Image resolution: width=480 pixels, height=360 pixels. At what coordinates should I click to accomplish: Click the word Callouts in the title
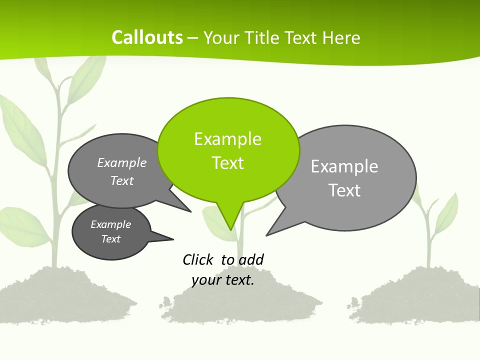click(147, 37)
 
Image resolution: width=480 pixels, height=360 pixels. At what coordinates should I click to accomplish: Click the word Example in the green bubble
click(227, 139)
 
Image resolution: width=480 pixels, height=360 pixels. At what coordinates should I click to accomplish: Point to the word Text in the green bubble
click(227, 163)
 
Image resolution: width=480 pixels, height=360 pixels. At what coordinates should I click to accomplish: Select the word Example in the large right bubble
click(344, 166)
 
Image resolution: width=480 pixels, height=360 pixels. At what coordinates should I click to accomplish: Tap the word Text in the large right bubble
click(344, 190)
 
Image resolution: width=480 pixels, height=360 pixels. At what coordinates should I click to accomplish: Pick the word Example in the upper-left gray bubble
click(122, 162)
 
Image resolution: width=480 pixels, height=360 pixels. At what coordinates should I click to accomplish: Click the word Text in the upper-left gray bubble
click(122, 180)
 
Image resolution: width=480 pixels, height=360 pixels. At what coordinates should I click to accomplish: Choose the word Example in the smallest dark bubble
click(110, 224)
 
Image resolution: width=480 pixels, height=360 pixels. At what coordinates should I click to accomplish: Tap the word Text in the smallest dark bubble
click(110, 239)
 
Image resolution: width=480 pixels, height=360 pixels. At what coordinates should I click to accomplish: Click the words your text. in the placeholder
click(223, 279)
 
